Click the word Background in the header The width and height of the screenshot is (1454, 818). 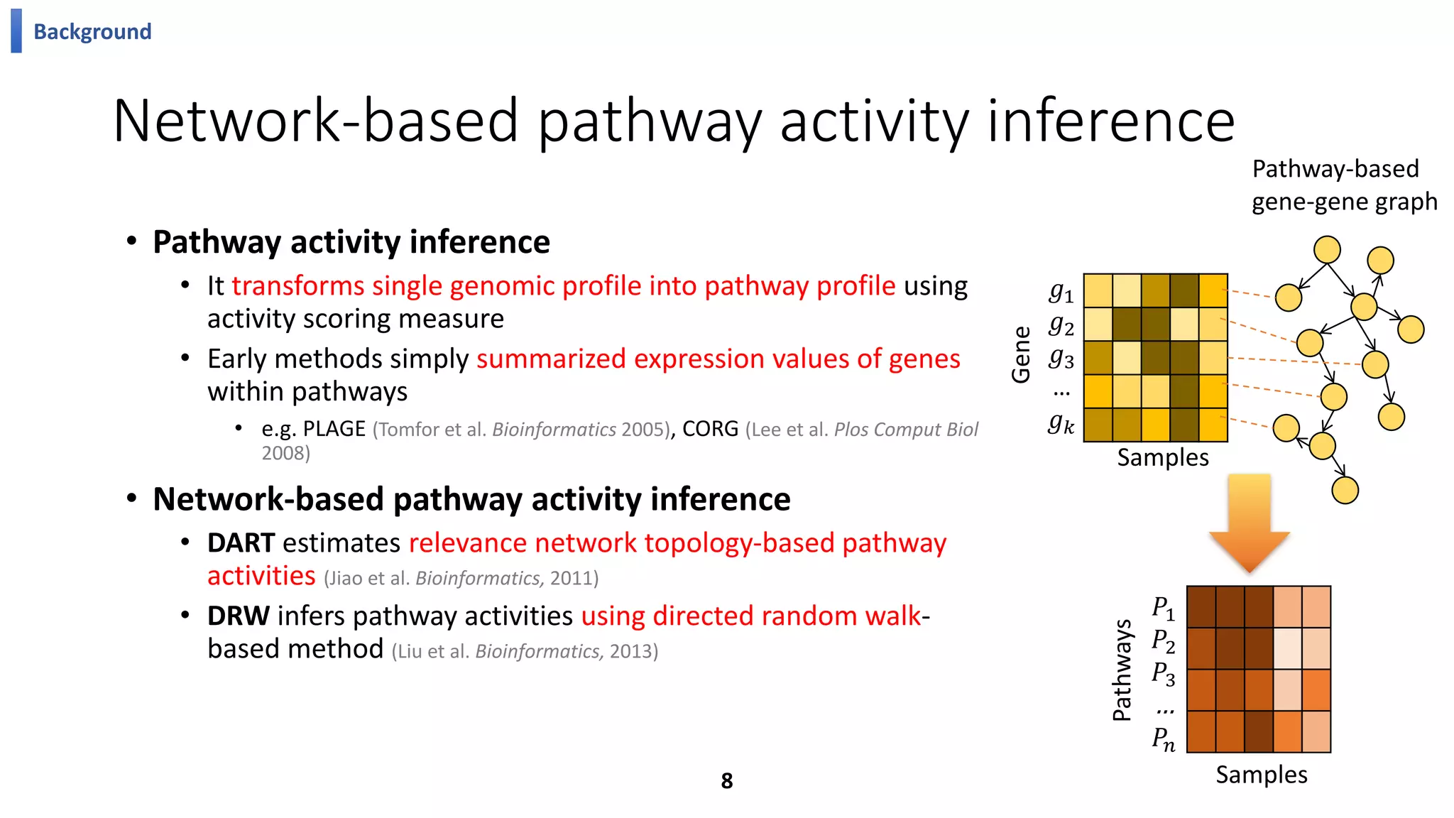click(x=92, y=32)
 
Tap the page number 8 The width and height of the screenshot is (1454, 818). click(x=726, y=781)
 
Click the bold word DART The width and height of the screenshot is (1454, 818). click(x=241, y=543)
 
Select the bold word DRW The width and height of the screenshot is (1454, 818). click(x=238, y=616)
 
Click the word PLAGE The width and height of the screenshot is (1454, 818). click(x=334, y=429)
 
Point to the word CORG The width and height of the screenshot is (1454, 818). click(x=710, y=429)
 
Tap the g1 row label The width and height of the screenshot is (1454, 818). click(x=1061, y=291)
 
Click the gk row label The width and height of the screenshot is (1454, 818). click(x=1061, y=424)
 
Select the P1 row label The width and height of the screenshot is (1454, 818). click(x=1163, y=609)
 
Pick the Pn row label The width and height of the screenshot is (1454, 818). click(x=1163, y=738)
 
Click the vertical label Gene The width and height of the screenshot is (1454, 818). click(x=1021, y=355)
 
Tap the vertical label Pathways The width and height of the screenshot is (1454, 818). click(x=1122, y=670)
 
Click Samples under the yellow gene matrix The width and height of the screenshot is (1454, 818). click(x=1162, y=458)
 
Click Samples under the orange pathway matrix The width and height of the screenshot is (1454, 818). click(x=1261, y=775)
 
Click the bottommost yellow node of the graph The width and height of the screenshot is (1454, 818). click(x=1345, y=491)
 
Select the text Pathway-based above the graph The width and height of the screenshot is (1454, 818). click(x=1335, y=169)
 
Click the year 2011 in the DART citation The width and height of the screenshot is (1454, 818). click(x=574, y=578)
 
